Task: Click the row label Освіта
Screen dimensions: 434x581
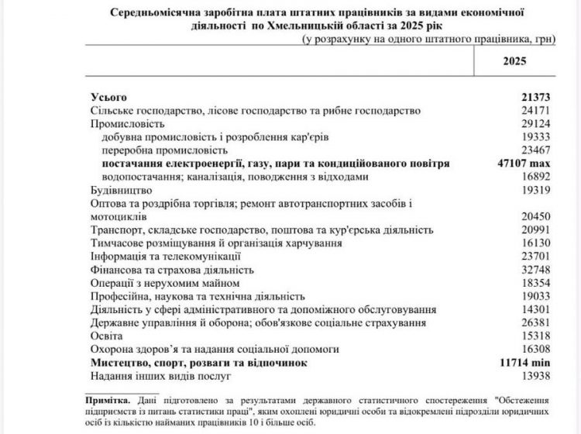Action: coord(108,336)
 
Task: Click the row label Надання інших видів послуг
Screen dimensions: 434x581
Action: coord(157,375)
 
